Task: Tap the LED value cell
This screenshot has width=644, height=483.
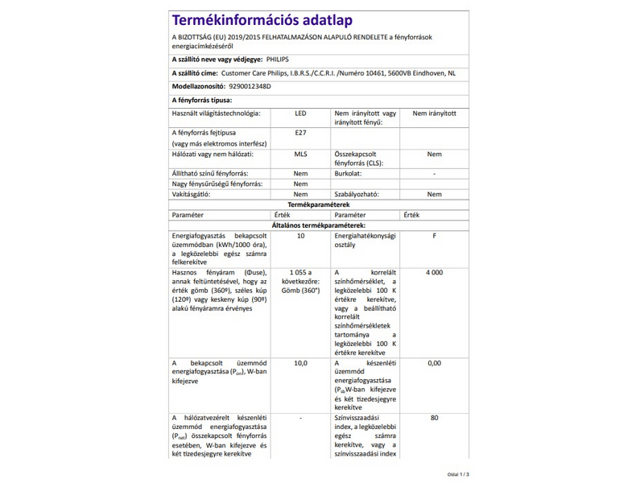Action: click(300, 114)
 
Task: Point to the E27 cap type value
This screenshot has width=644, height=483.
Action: click(300, 132)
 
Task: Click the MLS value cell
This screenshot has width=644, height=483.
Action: click(300, 154)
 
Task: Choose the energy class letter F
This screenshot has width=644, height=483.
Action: click(434, 236)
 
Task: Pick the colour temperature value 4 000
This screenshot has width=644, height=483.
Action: click(434, 273)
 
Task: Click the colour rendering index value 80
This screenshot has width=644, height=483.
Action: click(434, 418)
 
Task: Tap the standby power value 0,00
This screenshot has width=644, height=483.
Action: click(434, 363)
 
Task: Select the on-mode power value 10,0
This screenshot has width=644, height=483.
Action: click(300, 363)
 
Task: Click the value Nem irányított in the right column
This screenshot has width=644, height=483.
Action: click(434, 114)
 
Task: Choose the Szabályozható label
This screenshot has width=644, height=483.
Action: click(356, 195)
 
